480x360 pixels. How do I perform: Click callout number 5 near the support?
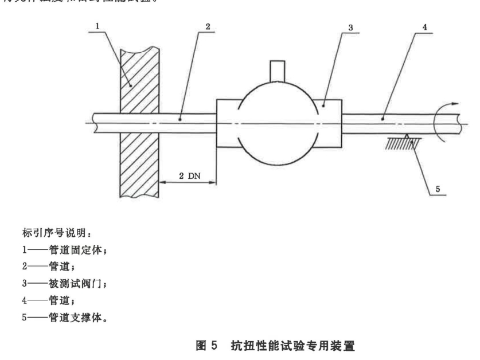click(x=439, y=187)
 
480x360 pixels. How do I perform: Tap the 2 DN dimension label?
click(x=188, y=175)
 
